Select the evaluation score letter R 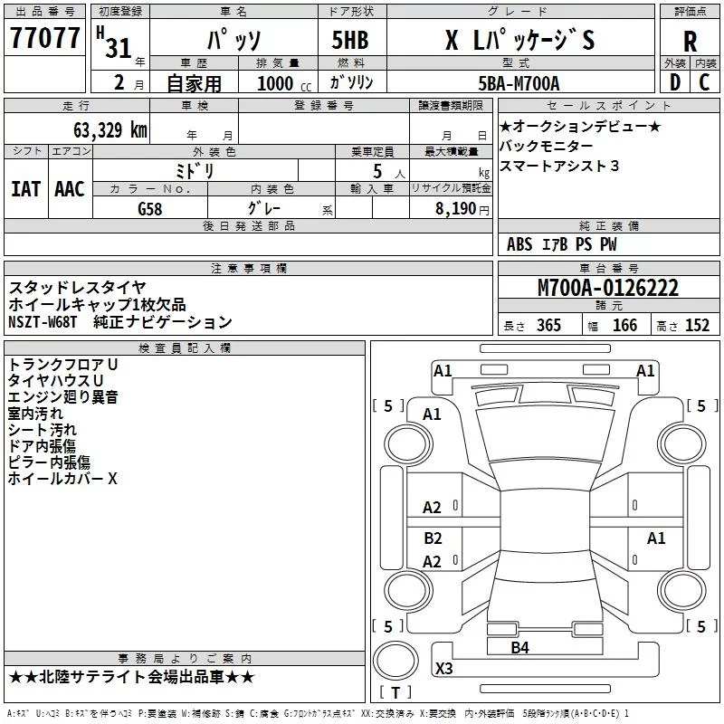pos(690,42)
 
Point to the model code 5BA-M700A pos(519,83)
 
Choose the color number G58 pos(151,208)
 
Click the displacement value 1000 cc pos(284,83)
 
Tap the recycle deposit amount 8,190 pos(455,208)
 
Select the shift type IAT pos(25,188)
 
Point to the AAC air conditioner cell pos(70,188)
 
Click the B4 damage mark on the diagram pos(519,647)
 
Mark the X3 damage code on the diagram pos(444,669)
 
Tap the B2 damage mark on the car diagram pos(433,538)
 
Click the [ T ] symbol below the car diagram pos(395,693)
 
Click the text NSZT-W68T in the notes pos(43,321)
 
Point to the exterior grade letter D pos(673,83)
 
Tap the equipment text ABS pos(519,244)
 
